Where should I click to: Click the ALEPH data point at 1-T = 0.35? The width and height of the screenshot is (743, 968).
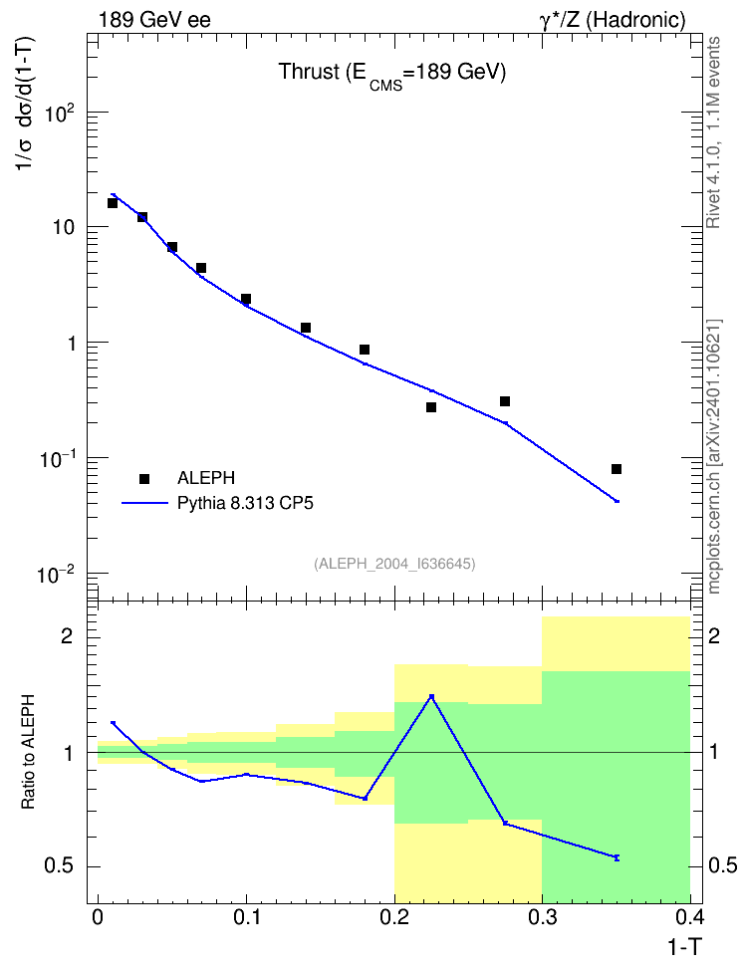(616, 469)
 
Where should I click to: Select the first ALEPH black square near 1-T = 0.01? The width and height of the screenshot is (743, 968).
(113, 203)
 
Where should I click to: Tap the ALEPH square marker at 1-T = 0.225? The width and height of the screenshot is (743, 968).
(431, 407)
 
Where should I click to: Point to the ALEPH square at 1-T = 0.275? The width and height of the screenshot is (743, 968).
(505, 401)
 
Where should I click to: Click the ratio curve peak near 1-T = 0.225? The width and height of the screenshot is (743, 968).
(431, 696)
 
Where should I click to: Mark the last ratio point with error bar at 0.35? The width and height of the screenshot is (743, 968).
(617, 857)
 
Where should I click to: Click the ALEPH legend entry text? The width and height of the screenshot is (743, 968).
(205, 478)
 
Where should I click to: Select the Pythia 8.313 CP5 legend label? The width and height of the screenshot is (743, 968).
(245, 503)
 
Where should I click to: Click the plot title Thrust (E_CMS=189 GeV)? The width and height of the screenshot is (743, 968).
(392, 74)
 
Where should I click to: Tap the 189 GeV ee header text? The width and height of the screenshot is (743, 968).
(154, 20)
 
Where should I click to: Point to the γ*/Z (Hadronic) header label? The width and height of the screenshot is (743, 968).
(613, 20)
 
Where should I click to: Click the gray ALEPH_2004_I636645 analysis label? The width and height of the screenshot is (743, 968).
(394, 564)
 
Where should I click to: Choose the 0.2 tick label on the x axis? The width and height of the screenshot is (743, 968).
(394, 917)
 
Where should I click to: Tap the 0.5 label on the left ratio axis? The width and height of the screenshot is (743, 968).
(59, 866)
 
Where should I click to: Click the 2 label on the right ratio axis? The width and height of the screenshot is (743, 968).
(714, 636)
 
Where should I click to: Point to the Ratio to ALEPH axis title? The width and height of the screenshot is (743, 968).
(28, 752)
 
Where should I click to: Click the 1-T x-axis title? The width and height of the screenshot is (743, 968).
(684, 947)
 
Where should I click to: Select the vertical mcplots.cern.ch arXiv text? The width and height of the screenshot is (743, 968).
(714, 457)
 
